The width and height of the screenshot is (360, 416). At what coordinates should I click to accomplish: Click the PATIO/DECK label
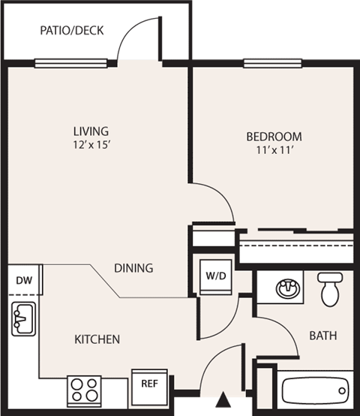(71, 31)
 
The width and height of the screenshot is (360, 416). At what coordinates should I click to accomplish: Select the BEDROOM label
(274, 137)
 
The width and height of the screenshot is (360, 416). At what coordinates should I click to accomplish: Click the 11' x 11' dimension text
(274, 151)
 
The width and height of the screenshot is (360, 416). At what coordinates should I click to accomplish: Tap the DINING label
(134, 267)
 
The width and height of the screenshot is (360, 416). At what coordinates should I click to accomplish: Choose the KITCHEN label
(97, 339)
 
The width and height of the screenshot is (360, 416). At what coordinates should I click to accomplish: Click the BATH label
(323, 336)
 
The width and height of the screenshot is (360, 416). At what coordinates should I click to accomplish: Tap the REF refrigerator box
(148, 382)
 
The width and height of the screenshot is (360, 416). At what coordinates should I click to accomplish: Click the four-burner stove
(84, 389)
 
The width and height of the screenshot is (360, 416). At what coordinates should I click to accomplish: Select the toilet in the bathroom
(330, 287)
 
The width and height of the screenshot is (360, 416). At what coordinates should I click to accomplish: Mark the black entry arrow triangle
(224, 399)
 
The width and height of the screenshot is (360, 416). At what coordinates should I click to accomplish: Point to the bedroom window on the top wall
(268, 65)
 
